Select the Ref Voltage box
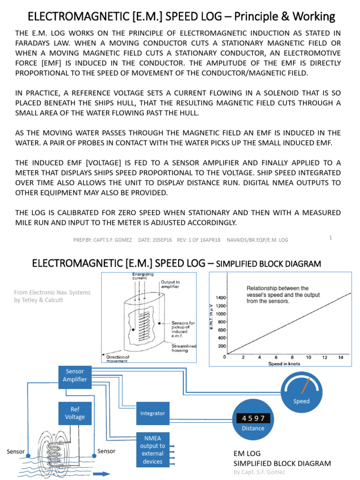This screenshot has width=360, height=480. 75,412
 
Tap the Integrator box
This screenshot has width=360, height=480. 152,413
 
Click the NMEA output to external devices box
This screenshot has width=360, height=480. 152,450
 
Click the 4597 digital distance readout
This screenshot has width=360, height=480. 253,418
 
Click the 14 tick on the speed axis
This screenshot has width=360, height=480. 340,357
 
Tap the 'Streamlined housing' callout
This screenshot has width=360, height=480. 184,348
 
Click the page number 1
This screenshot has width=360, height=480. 330,238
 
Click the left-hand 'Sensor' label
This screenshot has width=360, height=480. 16,452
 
